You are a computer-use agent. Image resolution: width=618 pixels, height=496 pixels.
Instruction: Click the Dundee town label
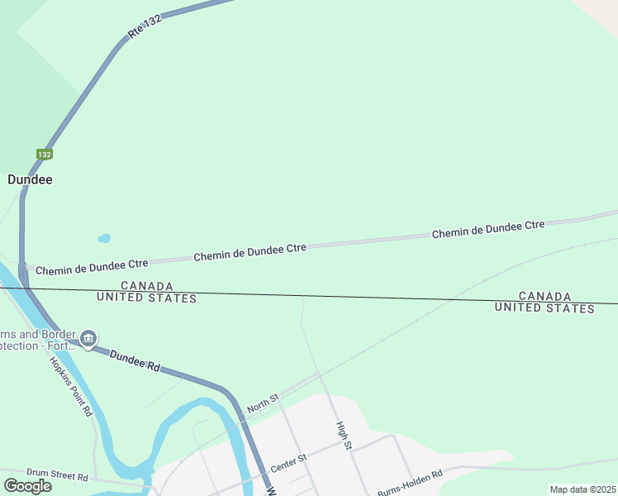point(30,179)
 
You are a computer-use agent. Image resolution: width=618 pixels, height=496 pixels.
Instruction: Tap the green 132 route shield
point(45,155)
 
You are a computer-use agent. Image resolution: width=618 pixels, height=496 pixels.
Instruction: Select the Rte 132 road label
point(144,27)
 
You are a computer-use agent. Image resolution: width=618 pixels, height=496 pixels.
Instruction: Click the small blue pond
point(104,239)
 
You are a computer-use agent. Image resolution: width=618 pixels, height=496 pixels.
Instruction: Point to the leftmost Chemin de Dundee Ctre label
point(92,266)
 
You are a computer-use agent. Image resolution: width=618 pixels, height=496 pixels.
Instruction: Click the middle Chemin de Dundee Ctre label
point(250,252)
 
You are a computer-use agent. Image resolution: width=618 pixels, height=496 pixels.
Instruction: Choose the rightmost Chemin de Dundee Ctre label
point(488,230)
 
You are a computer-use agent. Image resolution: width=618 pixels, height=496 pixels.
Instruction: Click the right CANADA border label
point(544,296)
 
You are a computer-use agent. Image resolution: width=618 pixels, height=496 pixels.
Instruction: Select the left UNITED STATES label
point(146,298)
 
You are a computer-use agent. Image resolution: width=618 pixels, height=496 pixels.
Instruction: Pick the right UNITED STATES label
point(544,308)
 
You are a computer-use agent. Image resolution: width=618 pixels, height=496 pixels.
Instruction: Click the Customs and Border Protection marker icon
point(88,339)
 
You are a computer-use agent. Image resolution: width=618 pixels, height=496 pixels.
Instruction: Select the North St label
point(264,403)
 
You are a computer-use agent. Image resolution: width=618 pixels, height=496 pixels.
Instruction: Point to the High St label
point(345,436)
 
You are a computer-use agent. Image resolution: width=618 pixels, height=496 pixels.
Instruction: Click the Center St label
point(288,462)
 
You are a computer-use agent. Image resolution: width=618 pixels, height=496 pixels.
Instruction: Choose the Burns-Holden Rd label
point(410,482)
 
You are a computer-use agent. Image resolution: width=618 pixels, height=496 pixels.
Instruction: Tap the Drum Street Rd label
point(57,475)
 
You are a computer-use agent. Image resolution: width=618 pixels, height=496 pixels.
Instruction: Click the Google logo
point(27,485)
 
